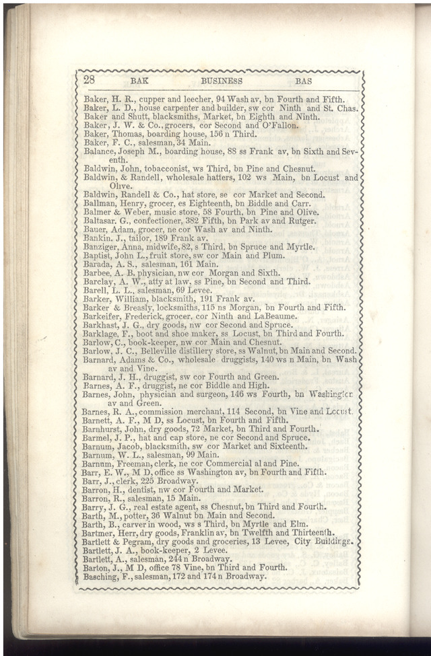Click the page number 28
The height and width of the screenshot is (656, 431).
point(89,80)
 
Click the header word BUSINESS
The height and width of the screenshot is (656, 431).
point(222,81)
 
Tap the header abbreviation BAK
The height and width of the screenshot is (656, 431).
point(139,81)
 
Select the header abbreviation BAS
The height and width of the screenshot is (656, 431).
point(304,81)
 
